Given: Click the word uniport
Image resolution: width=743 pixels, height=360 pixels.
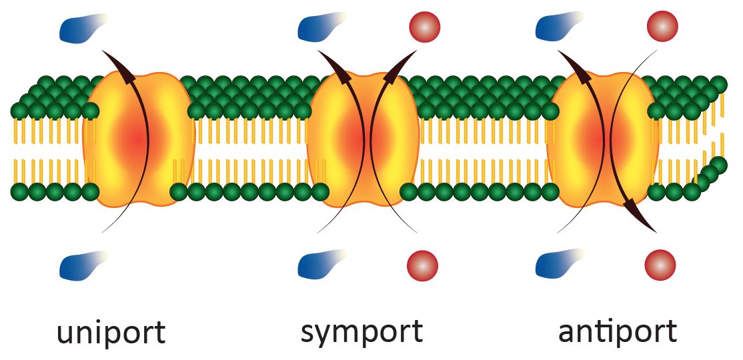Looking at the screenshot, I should coord(110,333).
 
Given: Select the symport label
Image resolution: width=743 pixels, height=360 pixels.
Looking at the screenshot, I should coord(361,331).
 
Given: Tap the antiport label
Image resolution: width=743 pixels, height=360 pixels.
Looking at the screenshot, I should coord(617,331).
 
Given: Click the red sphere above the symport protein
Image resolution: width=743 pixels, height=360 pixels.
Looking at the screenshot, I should coord(423,27).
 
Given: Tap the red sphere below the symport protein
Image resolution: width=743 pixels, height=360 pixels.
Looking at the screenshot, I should coord(423,265).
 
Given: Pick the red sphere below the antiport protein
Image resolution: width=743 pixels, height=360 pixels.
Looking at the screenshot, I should coord(660,265).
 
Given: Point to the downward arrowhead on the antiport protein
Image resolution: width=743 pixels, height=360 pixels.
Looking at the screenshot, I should coord(640,217).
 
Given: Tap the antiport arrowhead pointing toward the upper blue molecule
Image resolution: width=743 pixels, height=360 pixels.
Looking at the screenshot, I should coord(574,67).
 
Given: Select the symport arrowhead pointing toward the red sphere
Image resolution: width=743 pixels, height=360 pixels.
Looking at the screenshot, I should coord(399,67).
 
